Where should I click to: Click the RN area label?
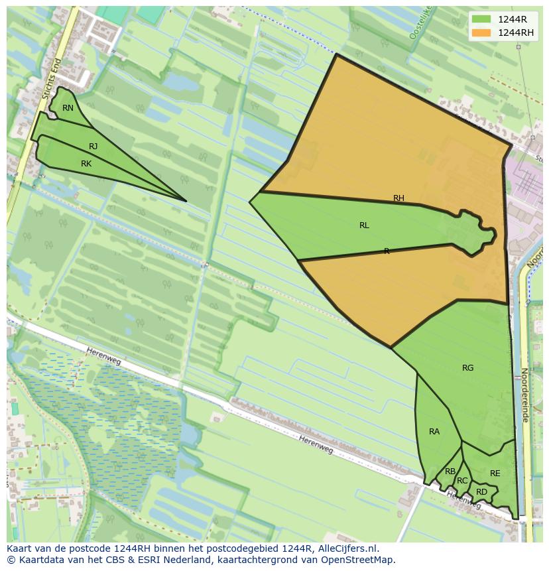coord(68,108)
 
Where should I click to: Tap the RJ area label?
coord(93,147)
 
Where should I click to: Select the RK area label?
coord(86,164)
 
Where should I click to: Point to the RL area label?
coord(364,225)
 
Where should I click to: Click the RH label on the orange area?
coord(398,198)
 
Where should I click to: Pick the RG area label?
coord(468,368)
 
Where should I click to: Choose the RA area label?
coord(434,432)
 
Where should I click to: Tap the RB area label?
coord(450,472)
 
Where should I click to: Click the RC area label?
coord(462,481)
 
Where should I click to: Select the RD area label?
coord(481,492)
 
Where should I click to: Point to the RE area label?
coord(495,474)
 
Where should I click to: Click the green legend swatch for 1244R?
coord(481,19)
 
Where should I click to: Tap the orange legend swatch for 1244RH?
coord(481,32)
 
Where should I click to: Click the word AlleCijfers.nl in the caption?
coord(347,548)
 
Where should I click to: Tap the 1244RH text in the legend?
coord(517,32)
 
